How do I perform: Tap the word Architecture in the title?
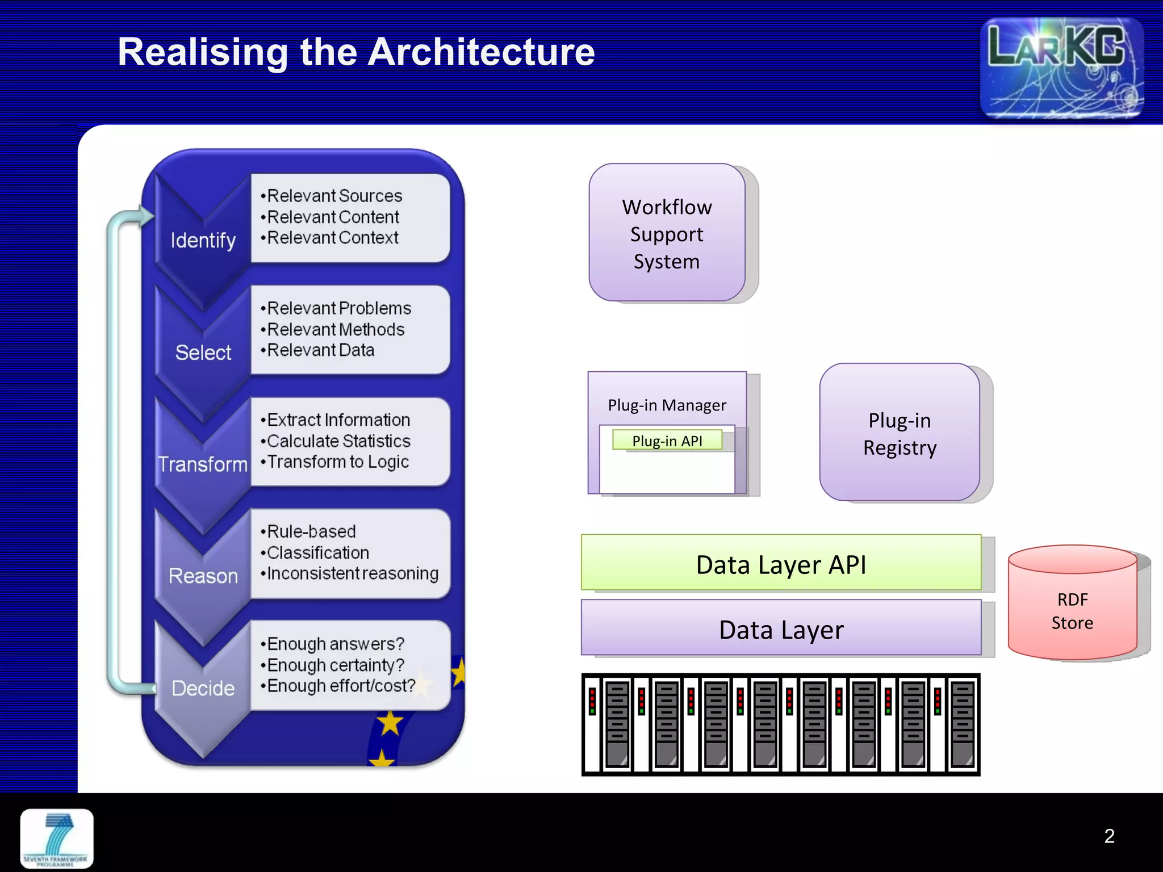tap(481, 52)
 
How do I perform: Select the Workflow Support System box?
tap(667, 233)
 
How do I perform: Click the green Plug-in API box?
tap(667, 441)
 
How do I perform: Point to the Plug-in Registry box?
tap(900, 433)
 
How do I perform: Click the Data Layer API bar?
tap(781, 564)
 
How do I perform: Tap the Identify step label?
tap(203, 241)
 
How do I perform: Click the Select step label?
tap(203, 353)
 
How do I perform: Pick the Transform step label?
tap(203, 464)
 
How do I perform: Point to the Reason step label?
tap(203, 576)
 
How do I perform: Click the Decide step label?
tap(203, 688)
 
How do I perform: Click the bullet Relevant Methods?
tap(335, 329)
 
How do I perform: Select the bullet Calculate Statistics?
tap(338, 441)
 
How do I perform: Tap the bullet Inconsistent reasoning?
tap(352, 574)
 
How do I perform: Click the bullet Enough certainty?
tap(335, 665)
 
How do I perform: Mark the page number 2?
tap(1109, 836)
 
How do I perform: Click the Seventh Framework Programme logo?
tap(57, 839)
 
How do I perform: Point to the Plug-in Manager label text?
tap(667, 405)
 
